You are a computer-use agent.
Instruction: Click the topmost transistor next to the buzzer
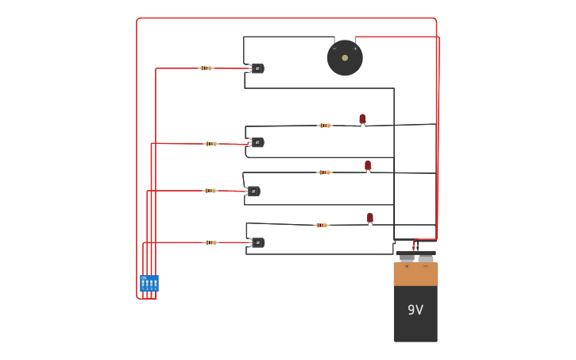coord(257,69)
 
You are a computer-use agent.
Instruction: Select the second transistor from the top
coord(257,142)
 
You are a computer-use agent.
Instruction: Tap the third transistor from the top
coord(253,191)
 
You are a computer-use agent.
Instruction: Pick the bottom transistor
coord(257,242)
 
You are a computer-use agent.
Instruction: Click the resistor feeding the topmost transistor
coord(206,68)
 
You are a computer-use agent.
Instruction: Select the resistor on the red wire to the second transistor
coord(211,144)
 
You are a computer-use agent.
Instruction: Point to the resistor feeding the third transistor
coord(210,191)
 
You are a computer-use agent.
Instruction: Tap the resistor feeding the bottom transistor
coord(211,242)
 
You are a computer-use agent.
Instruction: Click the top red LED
coord(362,119)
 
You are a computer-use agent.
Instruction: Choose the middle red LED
coord(368,165)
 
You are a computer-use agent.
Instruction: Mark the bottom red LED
coord(369,218)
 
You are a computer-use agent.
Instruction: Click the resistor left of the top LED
coord(324,126)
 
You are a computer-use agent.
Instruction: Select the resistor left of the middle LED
coord(324,172)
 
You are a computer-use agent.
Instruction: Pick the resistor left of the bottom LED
coord(322,225)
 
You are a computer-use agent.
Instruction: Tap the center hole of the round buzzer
coord(345,58)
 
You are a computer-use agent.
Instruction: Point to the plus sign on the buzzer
coord(355,48)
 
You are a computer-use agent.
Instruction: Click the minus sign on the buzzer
coord(334,48)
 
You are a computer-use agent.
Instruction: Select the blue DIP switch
coord(149,284)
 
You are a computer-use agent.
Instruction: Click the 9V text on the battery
coord(416,310)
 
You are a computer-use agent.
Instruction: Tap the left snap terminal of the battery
coord(407,257)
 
